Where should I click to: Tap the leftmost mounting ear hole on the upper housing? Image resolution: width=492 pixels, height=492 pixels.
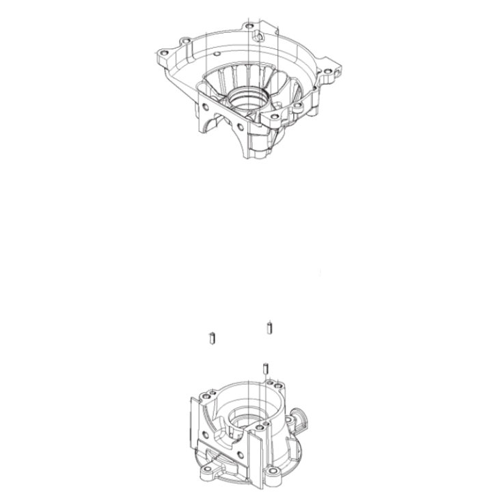[163, 53]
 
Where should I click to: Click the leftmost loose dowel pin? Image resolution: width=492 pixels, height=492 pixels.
[212, 337]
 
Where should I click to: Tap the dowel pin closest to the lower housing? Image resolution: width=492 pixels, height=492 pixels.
[264, 369]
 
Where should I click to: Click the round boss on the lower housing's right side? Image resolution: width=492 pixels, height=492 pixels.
[299, 418]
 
